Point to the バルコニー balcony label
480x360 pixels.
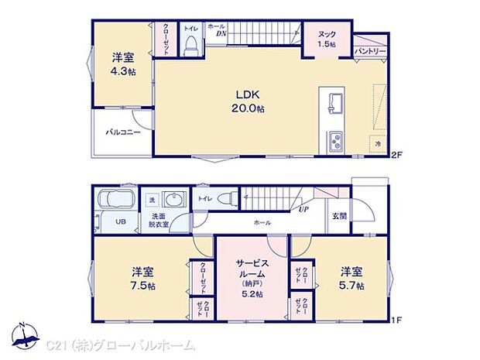(122, 132)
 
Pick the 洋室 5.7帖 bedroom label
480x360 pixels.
(351, 279)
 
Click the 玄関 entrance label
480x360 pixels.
(339, 215)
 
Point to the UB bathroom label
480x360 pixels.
(121, 221)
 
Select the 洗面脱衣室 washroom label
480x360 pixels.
(159, 221)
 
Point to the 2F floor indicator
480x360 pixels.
(396, 154)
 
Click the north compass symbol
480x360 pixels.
(28, 334)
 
